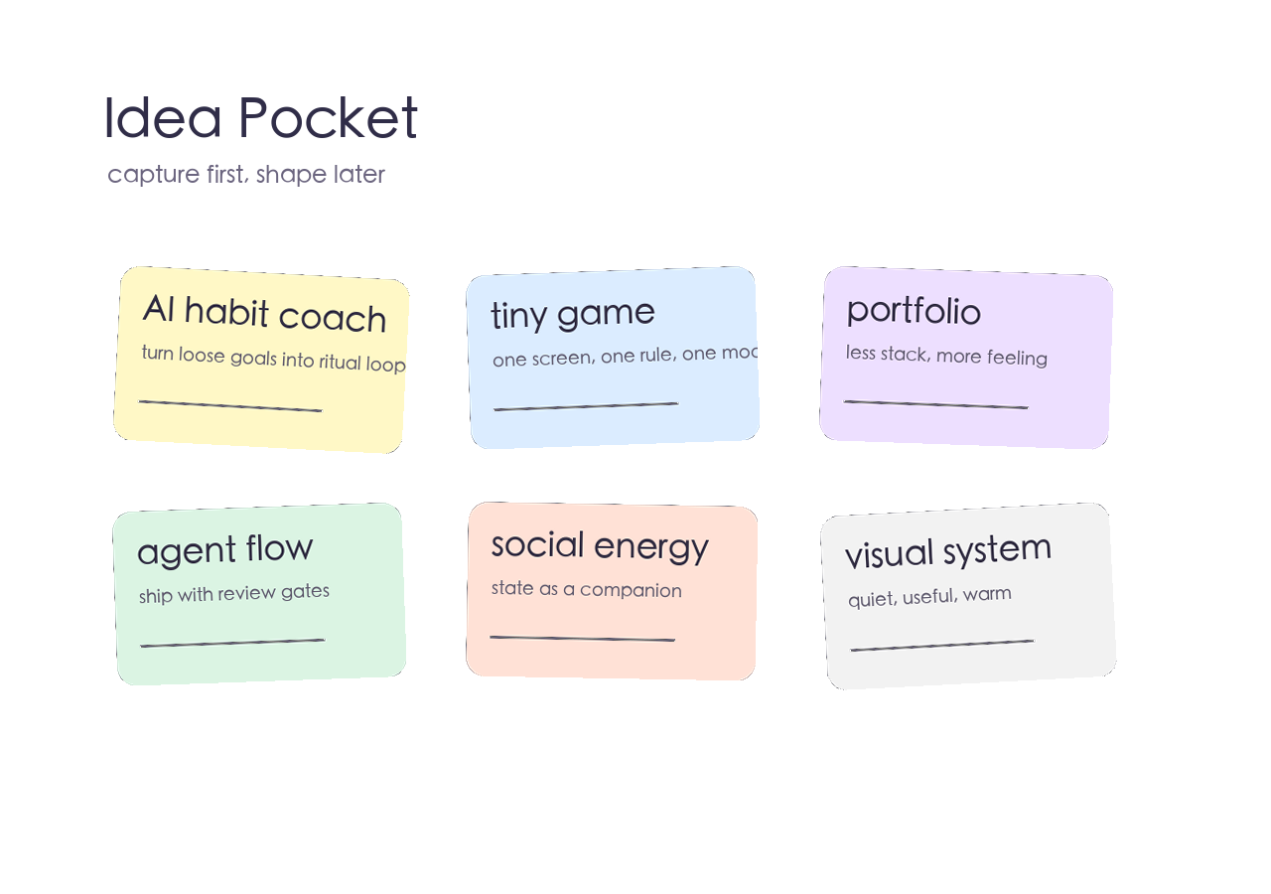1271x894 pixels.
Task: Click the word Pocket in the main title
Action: point(329,118)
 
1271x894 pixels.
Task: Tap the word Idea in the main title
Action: point(163,118)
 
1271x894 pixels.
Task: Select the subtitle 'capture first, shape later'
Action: point(246,175)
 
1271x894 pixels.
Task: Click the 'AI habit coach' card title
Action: point(264,313)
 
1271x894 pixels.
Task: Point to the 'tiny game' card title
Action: point(573,314)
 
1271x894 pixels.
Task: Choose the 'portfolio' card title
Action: point(914,311)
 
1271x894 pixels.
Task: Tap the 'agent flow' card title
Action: point(225,549)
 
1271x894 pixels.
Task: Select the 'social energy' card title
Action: point(600,545)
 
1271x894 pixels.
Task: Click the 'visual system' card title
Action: point(948,550)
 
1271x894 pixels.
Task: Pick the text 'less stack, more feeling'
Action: point(946,355)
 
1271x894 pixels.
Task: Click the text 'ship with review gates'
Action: point(234,593)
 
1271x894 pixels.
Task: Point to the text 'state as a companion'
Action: point(587,589)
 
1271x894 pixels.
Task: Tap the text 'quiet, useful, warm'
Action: point(929,596)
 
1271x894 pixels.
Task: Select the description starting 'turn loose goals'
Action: point(273,358)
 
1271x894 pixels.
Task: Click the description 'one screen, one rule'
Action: point(625,356)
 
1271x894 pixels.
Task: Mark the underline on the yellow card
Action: point(230,406)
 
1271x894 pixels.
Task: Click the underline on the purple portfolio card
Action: point(935,404)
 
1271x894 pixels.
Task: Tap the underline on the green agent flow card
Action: point(232,643)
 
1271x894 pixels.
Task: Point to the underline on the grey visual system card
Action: point(941,646)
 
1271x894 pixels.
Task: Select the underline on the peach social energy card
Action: point(582,639)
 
